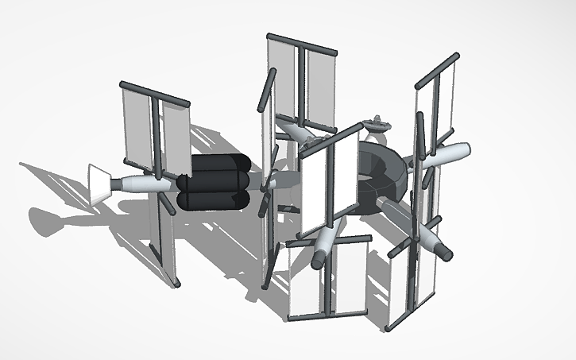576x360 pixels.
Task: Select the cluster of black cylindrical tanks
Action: tap(215, 182)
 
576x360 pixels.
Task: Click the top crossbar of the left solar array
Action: tap(154, 93)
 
